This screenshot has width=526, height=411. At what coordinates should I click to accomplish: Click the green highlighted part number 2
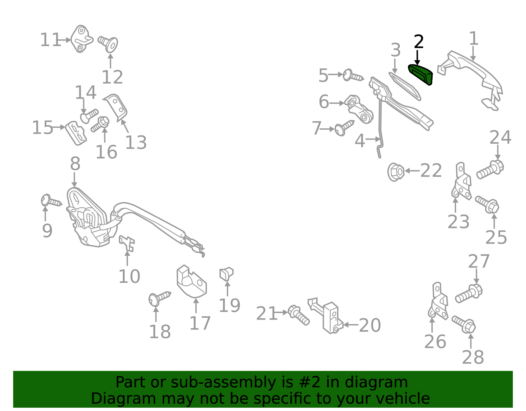pos(420,74)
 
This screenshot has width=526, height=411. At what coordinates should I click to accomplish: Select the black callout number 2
pos(418,41)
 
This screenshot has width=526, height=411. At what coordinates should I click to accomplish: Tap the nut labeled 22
pos(396,172)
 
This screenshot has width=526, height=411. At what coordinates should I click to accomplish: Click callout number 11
pos(50,40)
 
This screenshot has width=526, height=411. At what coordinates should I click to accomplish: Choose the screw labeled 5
pos(353,75)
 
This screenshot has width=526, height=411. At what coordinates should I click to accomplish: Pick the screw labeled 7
pos(344,128)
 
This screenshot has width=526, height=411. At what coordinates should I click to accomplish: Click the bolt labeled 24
pos(490,169)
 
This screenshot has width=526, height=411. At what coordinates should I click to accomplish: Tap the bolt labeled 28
pos(464,324)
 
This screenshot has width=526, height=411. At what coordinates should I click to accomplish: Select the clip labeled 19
pos(226,274)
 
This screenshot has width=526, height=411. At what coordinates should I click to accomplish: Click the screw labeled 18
pos(159,299)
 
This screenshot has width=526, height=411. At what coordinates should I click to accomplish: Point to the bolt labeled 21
pos(299,315)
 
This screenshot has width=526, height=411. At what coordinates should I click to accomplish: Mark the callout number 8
pos(75,164)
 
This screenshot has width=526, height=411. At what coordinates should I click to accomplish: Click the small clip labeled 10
pos(127,244)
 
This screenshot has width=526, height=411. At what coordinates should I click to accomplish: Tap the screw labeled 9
pos(51,200)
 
